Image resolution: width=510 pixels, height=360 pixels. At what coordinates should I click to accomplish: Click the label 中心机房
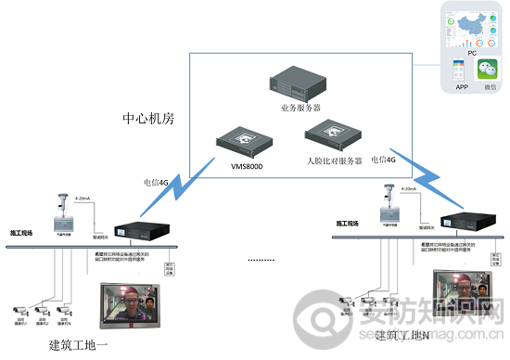[x=148, y=120]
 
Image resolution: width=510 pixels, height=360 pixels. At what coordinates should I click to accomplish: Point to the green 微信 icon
[x=490, y=70]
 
